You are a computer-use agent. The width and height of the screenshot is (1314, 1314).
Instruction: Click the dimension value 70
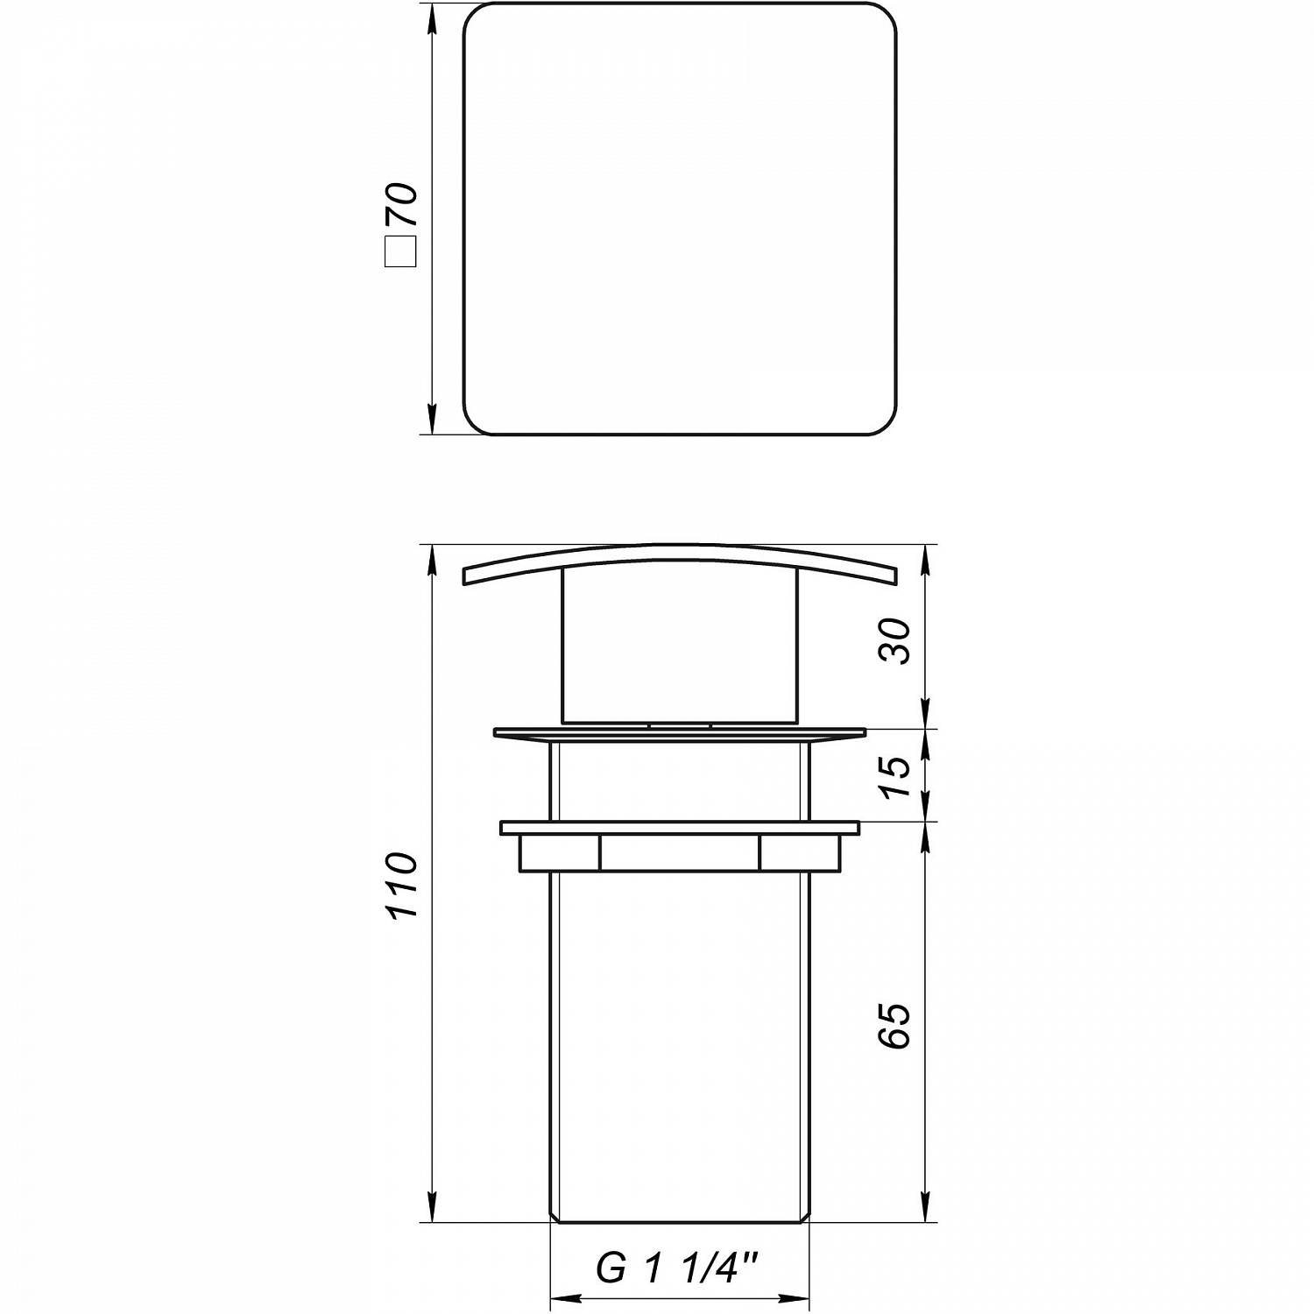coord(402,205)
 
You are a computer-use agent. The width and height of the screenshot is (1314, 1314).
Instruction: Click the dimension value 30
coord(894,640)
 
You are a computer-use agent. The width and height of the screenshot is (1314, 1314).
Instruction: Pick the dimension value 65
coord(894,1026)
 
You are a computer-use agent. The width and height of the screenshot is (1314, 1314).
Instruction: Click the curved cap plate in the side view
coord(679,557)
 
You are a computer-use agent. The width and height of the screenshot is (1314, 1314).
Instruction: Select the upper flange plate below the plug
coord(679,733)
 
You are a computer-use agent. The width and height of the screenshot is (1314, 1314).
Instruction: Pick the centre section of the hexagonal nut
coord(679,852)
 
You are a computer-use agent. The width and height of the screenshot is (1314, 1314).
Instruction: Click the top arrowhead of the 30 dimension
coord(927,558)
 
